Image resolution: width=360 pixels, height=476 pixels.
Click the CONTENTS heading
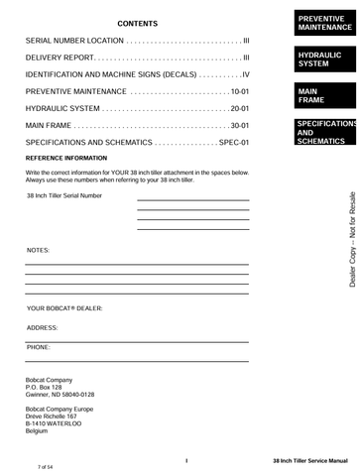pyautogui.click(x=137, y=23)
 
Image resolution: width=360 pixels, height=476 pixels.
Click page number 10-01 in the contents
pyautogui.click(x=239, y=91)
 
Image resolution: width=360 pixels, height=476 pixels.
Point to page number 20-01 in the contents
pyautogui.click(x=239, y=108)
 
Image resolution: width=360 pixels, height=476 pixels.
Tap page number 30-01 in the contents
pyautogui.click(x=239, y=125)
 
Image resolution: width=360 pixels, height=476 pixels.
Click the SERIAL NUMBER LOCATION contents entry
pyautogui.click(x=75, y=41)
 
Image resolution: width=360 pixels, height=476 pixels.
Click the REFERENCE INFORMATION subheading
pyautogui.click(x=66, y=159)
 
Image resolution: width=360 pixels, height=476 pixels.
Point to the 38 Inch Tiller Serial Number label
pyautogui.click(x=64, y=195)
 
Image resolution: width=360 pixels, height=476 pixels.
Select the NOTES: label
pyautogui.click(x=38, y=252)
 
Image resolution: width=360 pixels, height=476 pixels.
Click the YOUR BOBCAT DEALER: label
pyautogui.click(x=64, y=308)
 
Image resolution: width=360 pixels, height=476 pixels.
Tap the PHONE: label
pyautogui.click(x=39, y=347)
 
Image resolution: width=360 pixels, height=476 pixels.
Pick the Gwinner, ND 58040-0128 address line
pyautogui.click(x=60, y=395)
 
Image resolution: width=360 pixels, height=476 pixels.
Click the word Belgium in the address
pyautogui.click(x=37, y=432)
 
